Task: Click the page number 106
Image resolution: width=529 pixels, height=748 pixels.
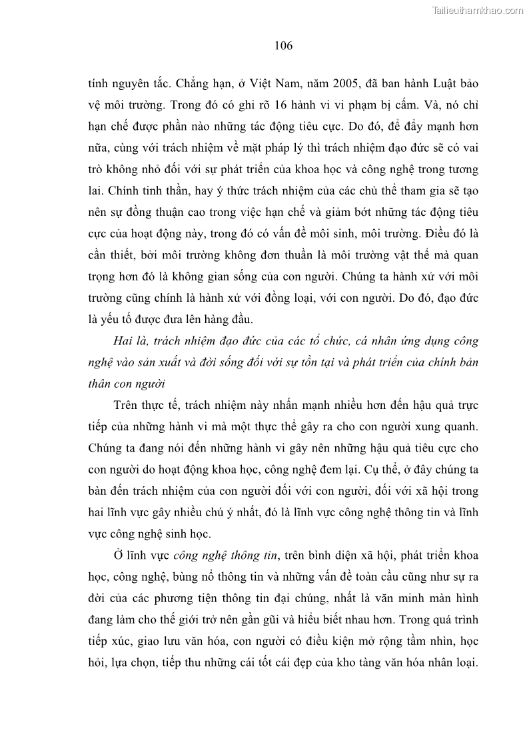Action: [x=283, y=46]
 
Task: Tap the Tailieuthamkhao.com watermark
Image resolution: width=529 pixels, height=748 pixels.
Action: [x=478, y=10]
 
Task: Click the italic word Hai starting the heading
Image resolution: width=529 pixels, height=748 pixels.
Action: [x=124, y=342]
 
